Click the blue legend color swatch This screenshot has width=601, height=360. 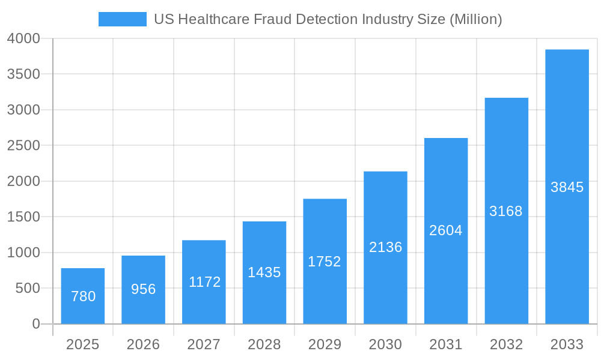point(122,19)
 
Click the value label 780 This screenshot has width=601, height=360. point(83,296)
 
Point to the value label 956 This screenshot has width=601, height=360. point(144,289)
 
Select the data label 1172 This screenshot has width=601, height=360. point(204,282)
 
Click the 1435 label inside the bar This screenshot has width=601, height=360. point(264,272)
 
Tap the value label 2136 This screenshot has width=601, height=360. point(385,247)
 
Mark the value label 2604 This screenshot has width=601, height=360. point(446,230)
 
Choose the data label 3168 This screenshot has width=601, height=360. point(506,211)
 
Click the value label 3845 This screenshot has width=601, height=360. point(567,187)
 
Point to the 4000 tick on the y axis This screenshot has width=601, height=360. point(23,38)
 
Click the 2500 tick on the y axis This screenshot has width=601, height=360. point(23,145)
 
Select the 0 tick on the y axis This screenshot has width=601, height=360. point(35,324)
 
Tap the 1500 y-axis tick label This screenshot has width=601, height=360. point(23,217)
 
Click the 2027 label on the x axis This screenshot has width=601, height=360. point(204,344)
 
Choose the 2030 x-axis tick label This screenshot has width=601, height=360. point(385,344)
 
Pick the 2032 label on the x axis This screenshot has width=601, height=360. point(506,344)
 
